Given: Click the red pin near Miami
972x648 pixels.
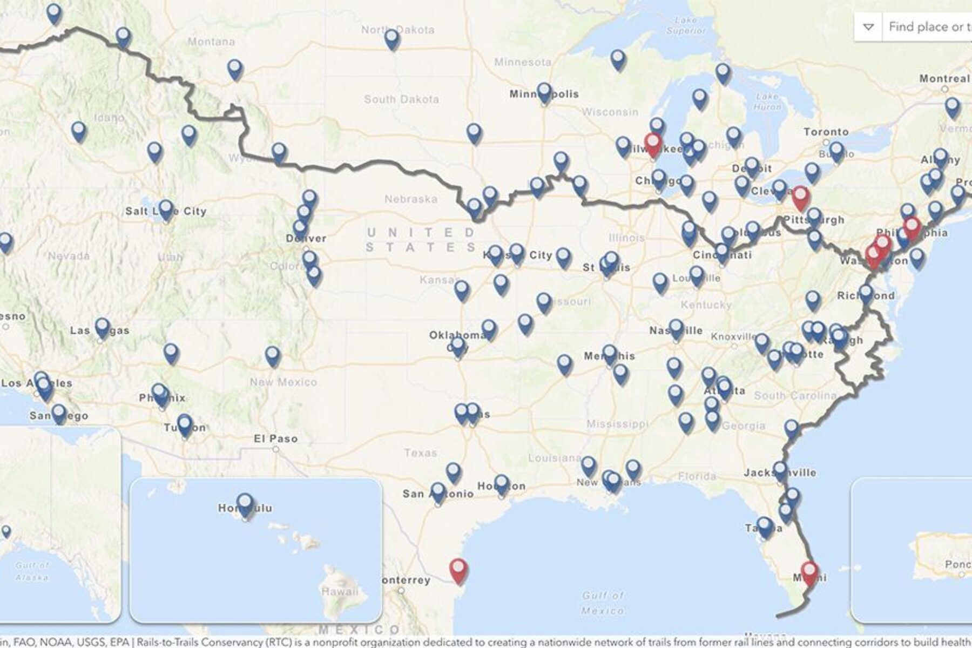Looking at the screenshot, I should (809, 572).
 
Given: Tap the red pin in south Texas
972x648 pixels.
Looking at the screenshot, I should (458, 570).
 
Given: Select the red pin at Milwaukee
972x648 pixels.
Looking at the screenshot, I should (653, 144).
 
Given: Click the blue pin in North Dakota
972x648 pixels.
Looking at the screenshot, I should (392, 39).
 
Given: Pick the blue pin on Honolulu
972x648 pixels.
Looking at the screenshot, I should (245, 503).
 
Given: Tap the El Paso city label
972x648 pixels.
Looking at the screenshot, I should (276, 438).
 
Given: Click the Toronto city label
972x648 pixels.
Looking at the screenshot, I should (826, 132).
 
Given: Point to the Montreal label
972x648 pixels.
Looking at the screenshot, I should (944, 79).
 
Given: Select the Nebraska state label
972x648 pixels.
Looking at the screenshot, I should (411, 199).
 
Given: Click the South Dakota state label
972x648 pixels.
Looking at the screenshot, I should (401, 99).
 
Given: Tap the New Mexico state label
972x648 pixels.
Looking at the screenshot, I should (283, 382).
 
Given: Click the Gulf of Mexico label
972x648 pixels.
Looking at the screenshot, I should (603, 603).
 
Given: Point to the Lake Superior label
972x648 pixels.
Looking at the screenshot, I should (686, 26).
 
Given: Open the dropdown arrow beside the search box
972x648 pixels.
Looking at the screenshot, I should (868, 27).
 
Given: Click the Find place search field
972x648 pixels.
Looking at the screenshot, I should (929, 27).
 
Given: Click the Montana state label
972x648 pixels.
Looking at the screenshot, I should (211, 42).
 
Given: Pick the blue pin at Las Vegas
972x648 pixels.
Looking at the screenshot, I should (102, 327).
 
